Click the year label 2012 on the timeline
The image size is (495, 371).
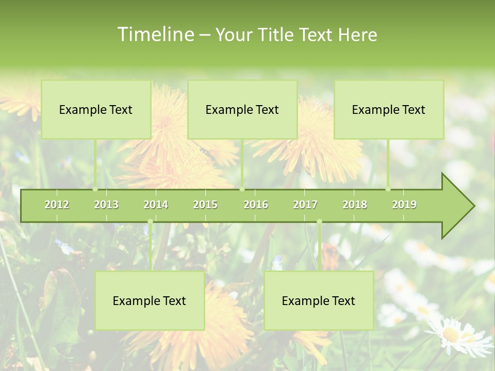(57, 205)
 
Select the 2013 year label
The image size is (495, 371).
(106, 205)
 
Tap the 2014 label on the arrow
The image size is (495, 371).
(156, 205)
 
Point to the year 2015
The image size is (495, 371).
(205, 205)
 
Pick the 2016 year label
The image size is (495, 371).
(256, 205)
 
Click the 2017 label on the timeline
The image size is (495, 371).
(305, 205)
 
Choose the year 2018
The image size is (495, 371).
(355, 205)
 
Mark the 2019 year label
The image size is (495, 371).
(404, 205)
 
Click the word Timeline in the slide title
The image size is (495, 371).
(155, 35)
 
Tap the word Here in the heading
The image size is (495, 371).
(358, 35)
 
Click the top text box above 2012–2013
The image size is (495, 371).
(96, 109)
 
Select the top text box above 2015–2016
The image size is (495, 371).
(242, 109)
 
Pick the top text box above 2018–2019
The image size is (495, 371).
(389, 109)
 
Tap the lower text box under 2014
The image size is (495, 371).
(150, 300)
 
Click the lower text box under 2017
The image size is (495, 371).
(319, 300)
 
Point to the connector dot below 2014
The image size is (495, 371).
(150, 222)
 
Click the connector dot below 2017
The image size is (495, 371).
(319, 222)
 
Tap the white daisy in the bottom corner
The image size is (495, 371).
(456, 335)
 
